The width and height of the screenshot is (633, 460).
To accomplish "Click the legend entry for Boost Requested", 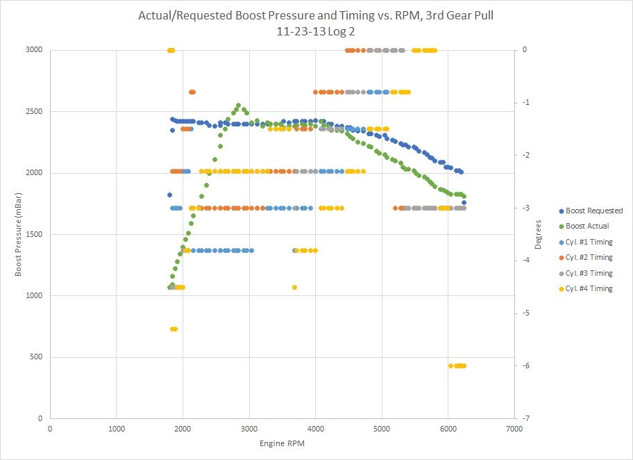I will point(594,211).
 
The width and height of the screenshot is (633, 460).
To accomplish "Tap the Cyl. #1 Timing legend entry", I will point(589,242).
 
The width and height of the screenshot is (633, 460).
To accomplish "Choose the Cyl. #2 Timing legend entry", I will point(589,257).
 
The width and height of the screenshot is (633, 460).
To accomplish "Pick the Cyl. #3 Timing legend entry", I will point(589,273).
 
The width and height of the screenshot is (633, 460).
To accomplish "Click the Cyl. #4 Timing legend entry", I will point(589,288).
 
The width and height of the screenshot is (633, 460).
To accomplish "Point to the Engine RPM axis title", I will point(282,443).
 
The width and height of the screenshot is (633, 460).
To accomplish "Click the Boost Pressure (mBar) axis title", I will point(19,234).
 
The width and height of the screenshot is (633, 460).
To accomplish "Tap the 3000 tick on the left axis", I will point(33,50).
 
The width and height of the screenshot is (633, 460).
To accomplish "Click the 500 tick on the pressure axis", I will point(35,357).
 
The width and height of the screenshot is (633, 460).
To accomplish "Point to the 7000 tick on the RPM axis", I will point(514,428).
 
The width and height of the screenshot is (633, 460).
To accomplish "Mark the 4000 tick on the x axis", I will point(315,428).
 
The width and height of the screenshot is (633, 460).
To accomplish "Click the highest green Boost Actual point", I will point(238,106).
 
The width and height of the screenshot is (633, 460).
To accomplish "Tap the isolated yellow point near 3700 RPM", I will point(294,287).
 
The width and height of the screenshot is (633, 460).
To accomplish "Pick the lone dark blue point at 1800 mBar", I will point(169,195).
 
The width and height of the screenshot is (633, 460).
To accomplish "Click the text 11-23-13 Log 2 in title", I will point(315,31).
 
